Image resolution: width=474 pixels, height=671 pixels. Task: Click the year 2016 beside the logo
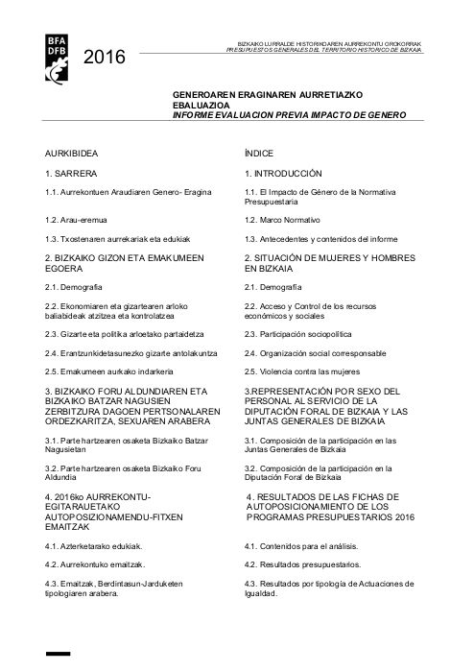coord(105,59)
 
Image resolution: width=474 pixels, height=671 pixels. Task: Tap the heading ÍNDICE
coord(262,154)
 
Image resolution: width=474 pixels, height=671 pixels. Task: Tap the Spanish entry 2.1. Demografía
coord(273,287)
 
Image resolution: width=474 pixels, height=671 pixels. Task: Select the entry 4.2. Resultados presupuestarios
coord(302,564)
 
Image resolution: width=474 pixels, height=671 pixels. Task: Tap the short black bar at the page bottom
coord(59,655)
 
